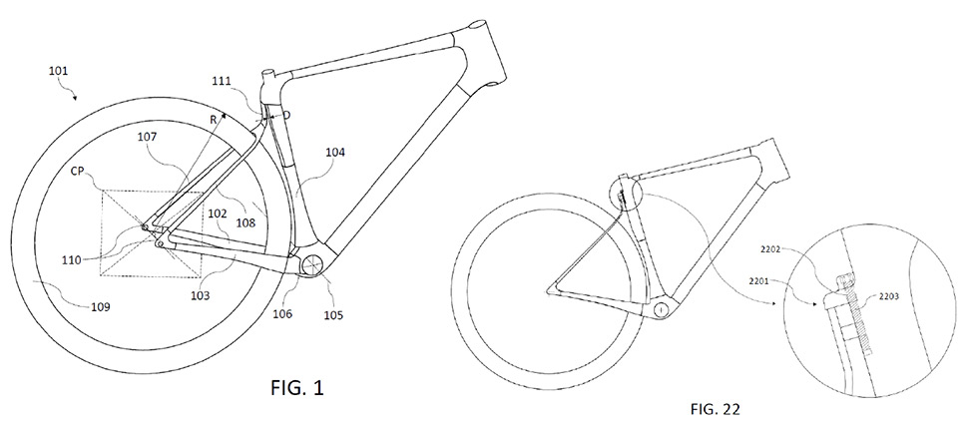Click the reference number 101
59,72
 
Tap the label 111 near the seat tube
223,80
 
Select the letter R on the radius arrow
213,121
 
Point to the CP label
79,169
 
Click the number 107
148,138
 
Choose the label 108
245,224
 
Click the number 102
219,214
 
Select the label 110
72,260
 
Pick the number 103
200,295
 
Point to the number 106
281,314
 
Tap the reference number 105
332,316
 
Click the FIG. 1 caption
297,388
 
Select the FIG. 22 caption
715,409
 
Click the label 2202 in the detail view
770,250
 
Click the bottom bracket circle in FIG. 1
313,264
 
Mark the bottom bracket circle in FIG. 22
661,307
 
